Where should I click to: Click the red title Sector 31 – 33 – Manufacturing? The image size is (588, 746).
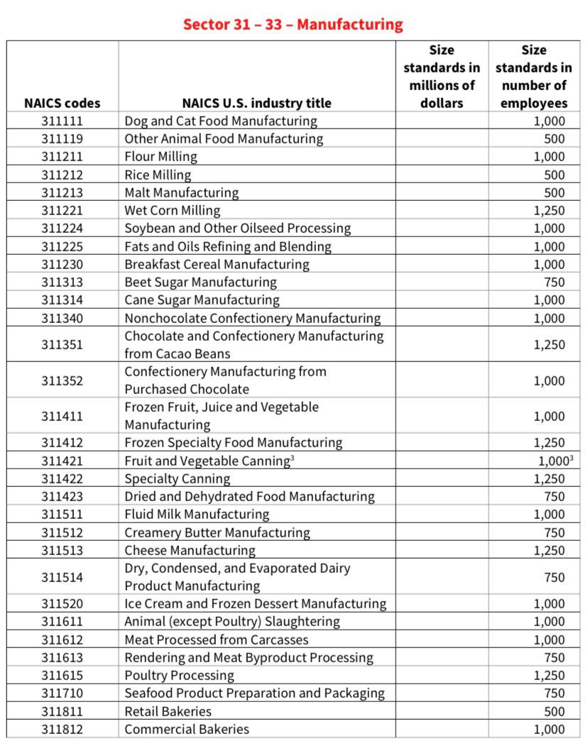(x=293, y=24)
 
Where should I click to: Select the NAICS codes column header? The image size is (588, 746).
(x=62, y=103)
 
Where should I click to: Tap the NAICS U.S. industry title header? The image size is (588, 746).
(x=256, y=103)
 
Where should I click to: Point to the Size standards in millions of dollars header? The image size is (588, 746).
(x=441, y=77)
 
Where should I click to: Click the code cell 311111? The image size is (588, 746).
(x=62, y=121)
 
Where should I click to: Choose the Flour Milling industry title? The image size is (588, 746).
(x=160, y=157)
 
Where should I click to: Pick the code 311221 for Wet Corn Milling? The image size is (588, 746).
(x=62, y=210)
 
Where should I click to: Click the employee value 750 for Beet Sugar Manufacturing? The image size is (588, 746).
(x=554, y=282)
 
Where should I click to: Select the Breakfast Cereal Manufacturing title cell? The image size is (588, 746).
(x=217, y=264)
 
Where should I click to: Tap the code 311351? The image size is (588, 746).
(x=62, y=344)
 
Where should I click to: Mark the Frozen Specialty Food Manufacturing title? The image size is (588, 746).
(x=233, y=443)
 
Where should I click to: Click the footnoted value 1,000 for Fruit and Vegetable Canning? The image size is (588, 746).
(x=552, y=461)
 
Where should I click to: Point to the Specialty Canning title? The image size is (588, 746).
(x=177, y=479)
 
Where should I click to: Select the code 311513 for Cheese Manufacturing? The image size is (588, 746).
(x=62, y=550)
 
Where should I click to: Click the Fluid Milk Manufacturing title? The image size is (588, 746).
(x=197, y=515)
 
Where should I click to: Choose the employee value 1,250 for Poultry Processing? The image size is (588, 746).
(x=549, y=676)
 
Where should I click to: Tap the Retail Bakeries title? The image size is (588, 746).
(x=168, y=711)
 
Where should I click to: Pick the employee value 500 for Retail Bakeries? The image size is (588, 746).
(x=554, y=711)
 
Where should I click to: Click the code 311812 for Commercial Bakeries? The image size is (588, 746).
(x=62, y=729)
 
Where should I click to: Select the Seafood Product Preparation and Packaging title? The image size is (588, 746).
(x=254, y=693)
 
